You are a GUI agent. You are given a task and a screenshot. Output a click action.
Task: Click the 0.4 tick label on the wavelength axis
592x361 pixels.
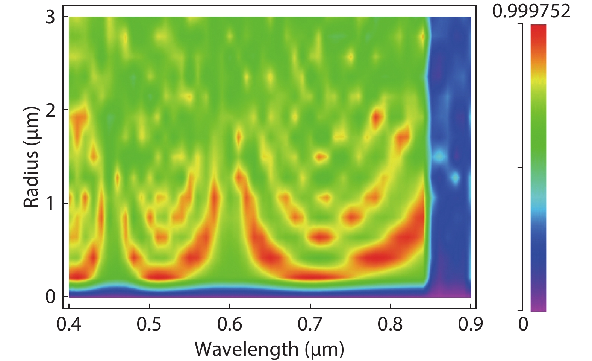click(69, 324)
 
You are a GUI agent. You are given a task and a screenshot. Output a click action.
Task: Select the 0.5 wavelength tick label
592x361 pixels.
click(149, 324)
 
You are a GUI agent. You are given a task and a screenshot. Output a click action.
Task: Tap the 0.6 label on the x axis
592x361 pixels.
click(230, 324)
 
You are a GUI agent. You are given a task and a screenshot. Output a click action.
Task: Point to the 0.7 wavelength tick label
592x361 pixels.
click(310, 324)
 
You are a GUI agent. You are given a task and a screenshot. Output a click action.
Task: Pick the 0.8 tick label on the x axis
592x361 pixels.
click(390, 324)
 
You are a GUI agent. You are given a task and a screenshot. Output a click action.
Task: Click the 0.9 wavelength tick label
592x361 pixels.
click(470, 324)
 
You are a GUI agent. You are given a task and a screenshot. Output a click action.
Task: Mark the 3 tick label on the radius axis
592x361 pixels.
click(50, 17)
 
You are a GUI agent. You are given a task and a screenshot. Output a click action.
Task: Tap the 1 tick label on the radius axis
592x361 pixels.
click(50, 203)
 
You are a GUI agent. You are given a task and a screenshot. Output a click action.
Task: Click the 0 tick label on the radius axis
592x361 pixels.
click(50, 297)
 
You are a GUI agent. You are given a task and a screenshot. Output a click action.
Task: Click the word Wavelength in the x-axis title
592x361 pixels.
click(246, 349)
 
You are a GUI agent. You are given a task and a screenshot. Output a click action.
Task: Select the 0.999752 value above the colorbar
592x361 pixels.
click(531, 11)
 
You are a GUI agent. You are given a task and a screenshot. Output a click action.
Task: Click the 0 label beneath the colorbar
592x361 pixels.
click(523, 324)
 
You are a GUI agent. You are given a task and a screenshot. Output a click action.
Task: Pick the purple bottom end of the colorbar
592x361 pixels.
click(538, 307)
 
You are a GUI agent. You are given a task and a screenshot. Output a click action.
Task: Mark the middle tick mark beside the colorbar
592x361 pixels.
click(520, 168)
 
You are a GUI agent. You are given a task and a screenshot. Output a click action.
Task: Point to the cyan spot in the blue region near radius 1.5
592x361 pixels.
click(439, 156)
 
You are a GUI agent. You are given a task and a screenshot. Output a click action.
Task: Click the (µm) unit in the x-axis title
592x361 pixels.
click(324, 349)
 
